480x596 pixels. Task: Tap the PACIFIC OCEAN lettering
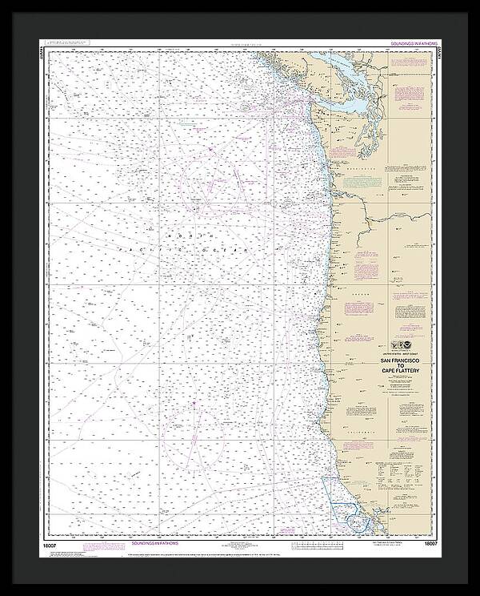coord(216,250)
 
